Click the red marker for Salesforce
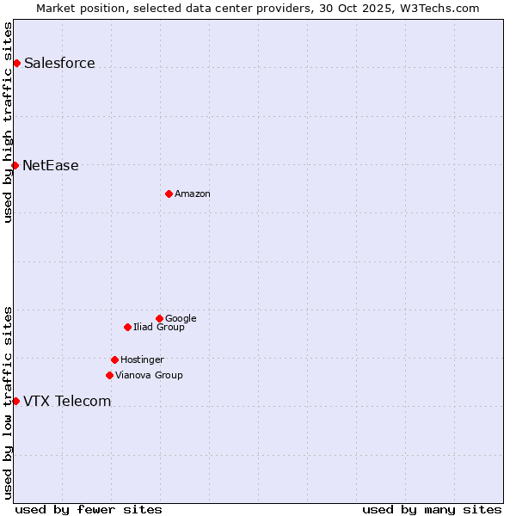point(16,63)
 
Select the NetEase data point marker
point(15,165)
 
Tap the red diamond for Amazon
point(169,193)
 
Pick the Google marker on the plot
point(159,318)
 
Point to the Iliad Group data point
point(127,327)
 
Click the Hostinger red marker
point(114,359)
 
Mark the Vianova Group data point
point(109,375)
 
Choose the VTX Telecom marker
point(15,401)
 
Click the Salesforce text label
point(59,63)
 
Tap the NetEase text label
point(51,165)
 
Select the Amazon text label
point(193,193)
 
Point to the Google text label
point(181,318)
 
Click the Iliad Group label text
point(159,327)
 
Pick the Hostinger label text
point(142,359)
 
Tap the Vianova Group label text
point(149,375)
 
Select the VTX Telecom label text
point(67,401)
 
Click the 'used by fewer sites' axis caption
point(89,509)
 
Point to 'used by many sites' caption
point(432,509)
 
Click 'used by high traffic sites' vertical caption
point(8,122)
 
